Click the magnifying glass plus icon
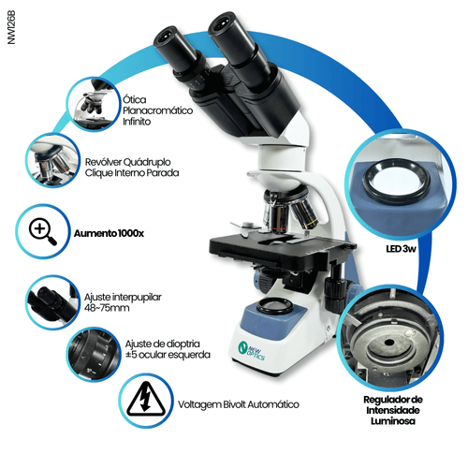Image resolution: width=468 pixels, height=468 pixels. click(x=43, y=228)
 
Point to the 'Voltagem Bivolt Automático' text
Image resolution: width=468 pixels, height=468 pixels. click(x=238, y=405)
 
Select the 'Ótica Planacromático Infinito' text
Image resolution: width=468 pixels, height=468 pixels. click(x=157, y=110)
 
